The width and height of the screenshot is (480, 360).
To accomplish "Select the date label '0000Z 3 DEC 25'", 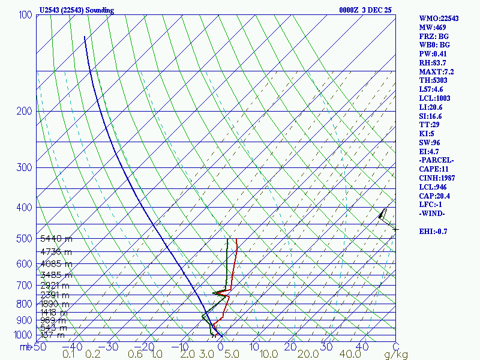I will (x=365, y=10).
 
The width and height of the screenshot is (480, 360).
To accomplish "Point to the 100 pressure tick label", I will (x=25, y=14).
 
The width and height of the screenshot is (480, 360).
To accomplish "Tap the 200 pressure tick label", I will (x=25, y=111).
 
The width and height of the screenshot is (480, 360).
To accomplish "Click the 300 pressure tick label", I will (x=25, y=167).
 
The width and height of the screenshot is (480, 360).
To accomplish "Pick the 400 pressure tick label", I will (x=25, y=208).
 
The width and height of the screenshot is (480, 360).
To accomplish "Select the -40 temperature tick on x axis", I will (x=76, y=346).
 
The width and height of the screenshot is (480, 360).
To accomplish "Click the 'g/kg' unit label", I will (x=395, y=355).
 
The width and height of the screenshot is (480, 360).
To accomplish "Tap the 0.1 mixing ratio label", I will (x=70, y=355).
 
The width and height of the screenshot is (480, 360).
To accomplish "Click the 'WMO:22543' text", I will (x=439, y=19).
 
